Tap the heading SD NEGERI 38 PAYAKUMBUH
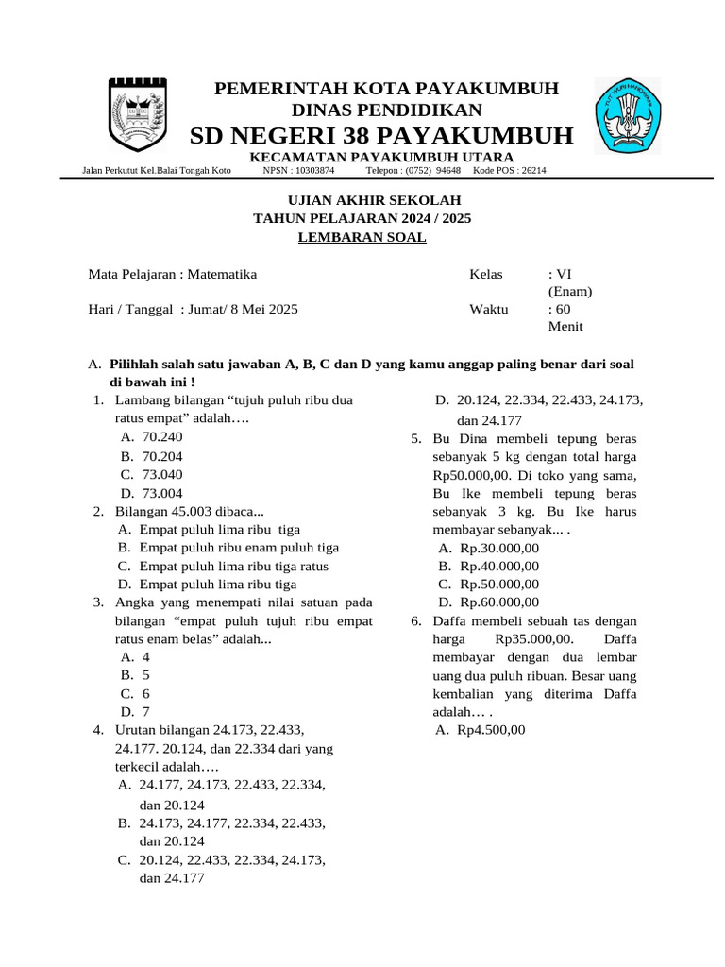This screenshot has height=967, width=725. pos(381,136)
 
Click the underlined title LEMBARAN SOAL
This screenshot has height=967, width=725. pos(362,237)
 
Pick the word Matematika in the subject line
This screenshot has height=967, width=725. pos(222,275)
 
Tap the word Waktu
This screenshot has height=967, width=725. pos(488,309)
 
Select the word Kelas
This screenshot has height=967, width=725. pos(486,275)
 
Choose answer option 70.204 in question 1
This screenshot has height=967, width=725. pos(161,456)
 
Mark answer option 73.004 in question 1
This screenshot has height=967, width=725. pos(161,493)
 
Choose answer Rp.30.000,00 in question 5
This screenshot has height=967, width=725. pos(499,548)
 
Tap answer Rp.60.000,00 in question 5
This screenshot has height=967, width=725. pos(499,602)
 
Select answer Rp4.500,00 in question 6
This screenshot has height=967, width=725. pos(491,730)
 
